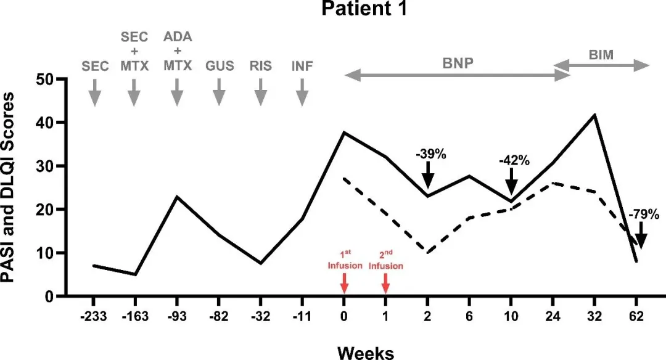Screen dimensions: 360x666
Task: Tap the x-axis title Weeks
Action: click(x=366, y=352)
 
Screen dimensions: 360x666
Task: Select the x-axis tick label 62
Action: click(x=636, y=318)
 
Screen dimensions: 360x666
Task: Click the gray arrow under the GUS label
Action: click(x=219, y=96)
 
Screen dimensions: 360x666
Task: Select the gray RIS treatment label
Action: click(x=260, y=66)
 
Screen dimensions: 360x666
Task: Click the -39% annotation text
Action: click(x=429, y=154)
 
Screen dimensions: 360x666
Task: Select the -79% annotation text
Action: click(x=644, y=215)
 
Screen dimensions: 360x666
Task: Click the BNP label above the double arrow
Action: click(x=456, y=63)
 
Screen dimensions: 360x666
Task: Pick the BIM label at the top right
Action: click(x=602, y=55)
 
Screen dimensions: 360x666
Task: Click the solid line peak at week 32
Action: click(x=594, y=115)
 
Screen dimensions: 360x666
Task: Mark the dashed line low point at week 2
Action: click(x=427, y=253)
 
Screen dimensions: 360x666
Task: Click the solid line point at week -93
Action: click(x=177, y=197)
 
